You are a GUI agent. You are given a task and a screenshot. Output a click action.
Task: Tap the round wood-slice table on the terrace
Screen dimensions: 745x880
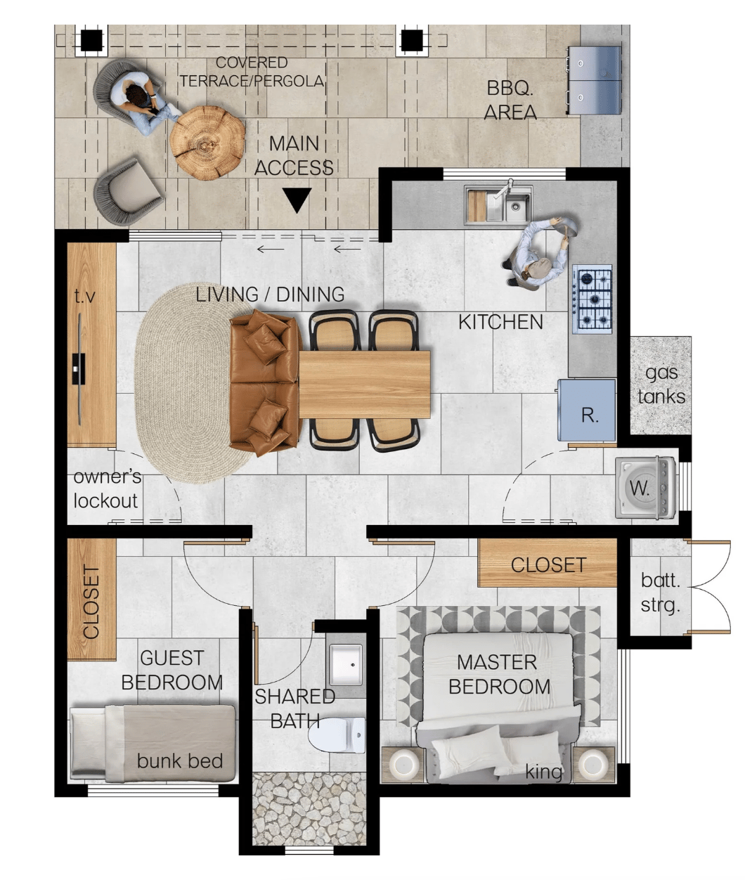(207, 143)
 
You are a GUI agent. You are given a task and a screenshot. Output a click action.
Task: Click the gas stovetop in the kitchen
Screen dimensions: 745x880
(592, 299)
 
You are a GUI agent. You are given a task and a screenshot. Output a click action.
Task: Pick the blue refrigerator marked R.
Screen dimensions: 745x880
(586, 410)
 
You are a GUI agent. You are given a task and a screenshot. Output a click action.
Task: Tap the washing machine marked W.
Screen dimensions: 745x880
(645, 488)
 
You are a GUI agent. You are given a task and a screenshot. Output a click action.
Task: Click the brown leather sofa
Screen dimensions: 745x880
(265, 382)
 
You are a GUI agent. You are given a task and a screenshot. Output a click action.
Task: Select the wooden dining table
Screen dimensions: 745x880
(364, 384)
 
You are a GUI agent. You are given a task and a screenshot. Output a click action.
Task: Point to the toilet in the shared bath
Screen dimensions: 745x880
(337, 735)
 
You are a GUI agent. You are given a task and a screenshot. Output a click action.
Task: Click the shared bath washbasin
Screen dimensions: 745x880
(346, 665)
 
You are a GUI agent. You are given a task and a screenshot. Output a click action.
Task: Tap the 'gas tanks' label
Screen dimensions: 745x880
(661, 384)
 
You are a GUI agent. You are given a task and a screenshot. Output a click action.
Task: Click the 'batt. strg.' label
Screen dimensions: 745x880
(660, 593)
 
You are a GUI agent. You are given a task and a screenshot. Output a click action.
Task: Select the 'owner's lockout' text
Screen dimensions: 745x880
(107, 488)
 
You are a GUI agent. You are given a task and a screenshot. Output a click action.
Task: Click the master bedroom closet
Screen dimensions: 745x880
(548, 563)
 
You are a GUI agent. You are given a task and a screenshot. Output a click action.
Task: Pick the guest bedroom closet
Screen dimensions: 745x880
(91, 599)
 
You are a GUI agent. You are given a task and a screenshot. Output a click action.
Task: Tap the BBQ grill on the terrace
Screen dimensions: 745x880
(593, 80)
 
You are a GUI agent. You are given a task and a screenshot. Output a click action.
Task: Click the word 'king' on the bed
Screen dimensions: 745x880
(543, 772)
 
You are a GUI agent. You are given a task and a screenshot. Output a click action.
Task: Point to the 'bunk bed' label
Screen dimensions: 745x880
(180, 761)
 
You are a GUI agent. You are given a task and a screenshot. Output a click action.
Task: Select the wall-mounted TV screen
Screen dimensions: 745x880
(79, 369)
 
